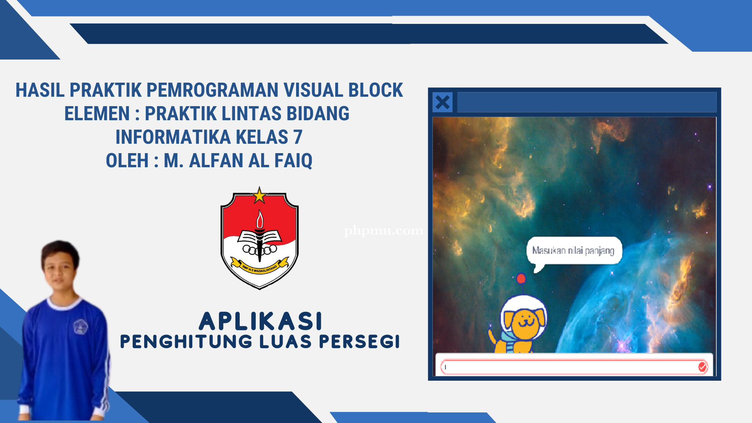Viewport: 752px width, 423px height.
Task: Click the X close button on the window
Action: click(443, 102)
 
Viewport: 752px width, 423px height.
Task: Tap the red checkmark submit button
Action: click(702, 367)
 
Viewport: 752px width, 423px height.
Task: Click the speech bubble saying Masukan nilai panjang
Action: click(573, 251)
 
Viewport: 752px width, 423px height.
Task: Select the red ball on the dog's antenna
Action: click(521, 278)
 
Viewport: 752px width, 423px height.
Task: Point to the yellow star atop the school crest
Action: click(259, 195)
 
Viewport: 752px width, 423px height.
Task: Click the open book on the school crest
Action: click(259, 237)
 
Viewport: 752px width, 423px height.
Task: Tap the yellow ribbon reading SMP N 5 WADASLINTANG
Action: click(259, 268)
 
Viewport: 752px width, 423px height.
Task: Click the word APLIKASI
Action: click(260, 322)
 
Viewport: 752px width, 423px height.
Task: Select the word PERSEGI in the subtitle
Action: click(359, 342)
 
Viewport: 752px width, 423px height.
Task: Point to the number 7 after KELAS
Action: click(298, 137)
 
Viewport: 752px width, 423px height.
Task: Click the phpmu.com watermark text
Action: click(383, 231)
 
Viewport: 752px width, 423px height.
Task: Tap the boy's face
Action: click(60, 270)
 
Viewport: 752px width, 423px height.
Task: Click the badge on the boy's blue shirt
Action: click(80, 326)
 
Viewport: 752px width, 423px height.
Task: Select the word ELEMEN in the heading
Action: click(97, 114)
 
